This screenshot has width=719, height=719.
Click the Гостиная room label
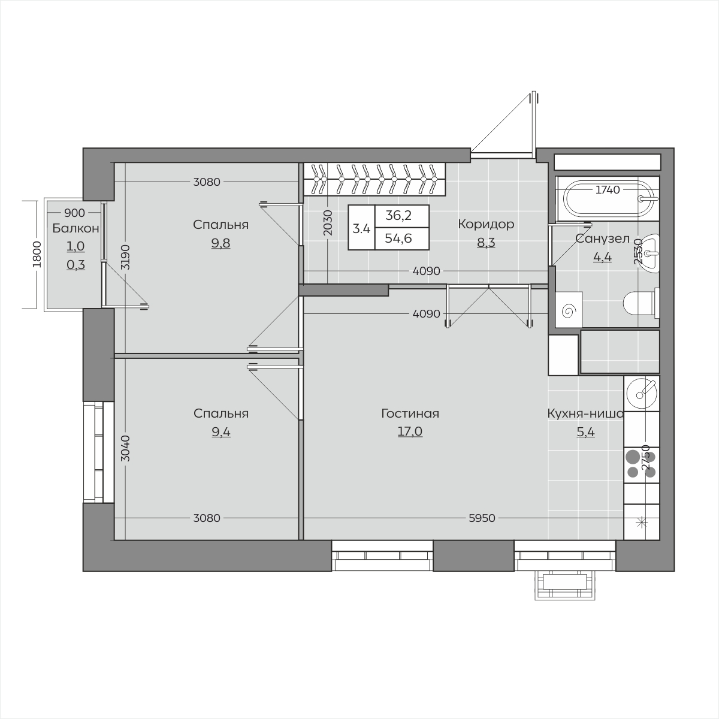tap(410, 414)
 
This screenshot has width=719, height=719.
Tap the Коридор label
tap(486, 224)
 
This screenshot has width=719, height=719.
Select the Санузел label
tap(602, 239)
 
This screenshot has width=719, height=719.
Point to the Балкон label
tap(75, 228)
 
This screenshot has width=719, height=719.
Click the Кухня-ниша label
tap(585, 414)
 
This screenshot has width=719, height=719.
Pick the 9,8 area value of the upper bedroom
tap(221, 243)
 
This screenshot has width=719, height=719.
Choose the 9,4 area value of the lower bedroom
tap(221, 432)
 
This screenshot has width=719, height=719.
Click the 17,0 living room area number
tap(410, 431)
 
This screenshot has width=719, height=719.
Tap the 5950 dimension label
tap(482, 518)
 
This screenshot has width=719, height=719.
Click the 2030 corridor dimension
tap(328, 223)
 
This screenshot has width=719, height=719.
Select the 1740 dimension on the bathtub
tap(608, 190)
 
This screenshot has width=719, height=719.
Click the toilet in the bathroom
tap(641, 304)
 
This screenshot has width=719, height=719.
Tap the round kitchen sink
tap(642, 393)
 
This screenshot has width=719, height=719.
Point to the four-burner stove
tap(642, 465)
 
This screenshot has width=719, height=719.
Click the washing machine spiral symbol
tap(569, 310)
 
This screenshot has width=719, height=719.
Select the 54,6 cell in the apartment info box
tap(398, 238)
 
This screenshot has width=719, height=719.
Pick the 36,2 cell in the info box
tap(398, 216)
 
